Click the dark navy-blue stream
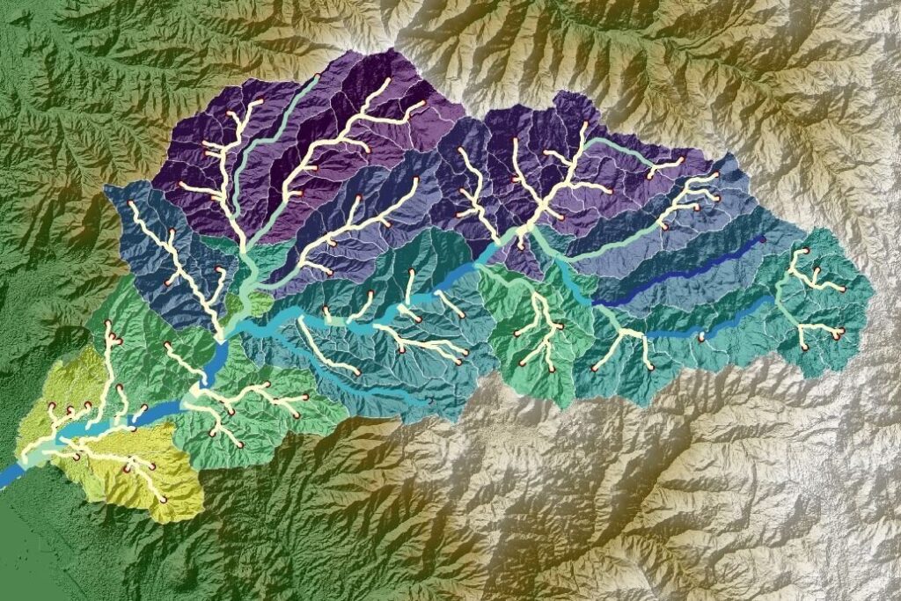678,272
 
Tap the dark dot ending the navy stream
762,238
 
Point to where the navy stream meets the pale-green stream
595,304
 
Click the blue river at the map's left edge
7,480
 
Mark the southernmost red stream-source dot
163,500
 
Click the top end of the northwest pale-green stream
318,77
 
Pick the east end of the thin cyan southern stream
429,402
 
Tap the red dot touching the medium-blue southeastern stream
701,337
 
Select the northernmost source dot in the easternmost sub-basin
802,252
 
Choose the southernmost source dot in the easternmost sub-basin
802,346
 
